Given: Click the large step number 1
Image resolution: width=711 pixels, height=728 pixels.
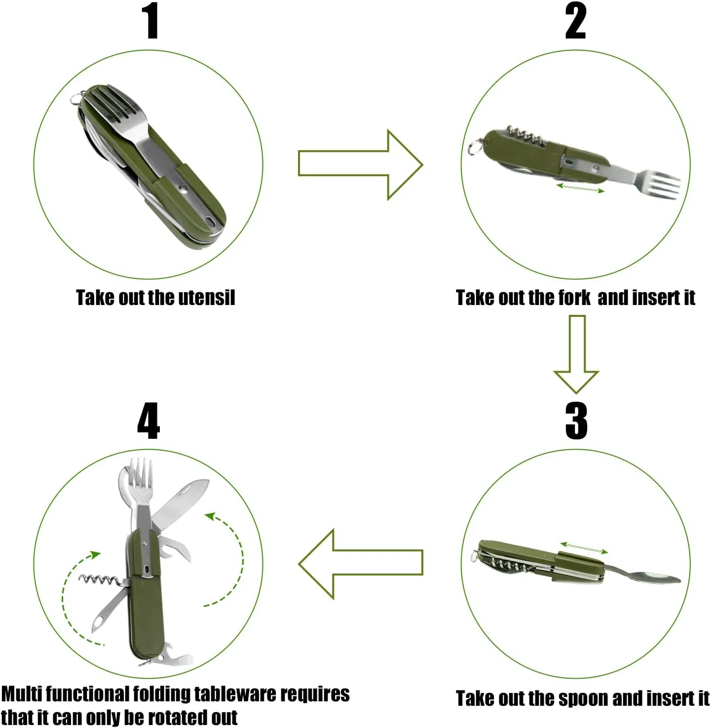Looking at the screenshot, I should click(150, 21).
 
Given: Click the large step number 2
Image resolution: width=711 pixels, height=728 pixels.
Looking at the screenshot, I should click(575, 21).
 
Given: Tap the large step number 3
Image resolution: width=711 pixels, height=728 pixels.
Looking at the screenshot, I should click(576, 421).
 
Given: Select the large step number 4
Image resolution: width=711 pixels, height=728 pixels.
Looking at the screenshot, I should click(149, 421).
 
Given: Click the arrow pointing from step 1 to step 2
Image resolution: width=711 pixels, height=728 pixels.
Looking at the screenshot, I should click(360, 164).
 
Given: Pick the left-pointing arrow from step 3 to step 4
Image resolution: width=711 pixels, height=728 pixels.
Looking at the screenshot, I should click(360, 563).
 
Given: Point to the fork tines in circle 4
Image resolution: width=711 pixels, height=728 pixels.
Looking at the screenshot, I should click(141, 471).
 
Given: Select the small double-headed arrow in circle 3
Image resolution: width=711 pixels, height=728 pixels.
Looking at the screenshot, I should click(584, 548).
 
